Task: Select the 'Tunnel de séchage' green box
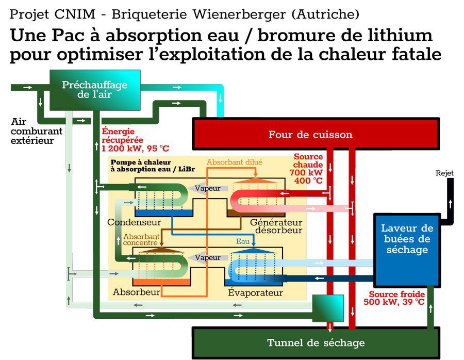click(x=316, y=342)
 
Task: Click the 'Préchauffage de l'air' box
click(x=94, y=90)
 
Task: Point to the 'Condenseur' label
click(x=134, y=222)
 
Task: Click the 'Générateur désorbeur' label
click(x=276, y=226)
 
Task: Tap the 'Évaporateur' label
click(x=255, y=293)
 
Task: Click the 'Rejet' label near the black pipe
click(x=444, y=173)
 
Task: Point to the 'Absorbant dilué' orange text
click(x=234, y=162)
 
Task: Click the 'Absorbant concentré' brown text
click(x=141, y=239)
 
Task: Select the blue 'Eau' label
click(x=242, y=241)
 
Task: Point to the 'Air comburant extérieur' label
click(x=36, y=131)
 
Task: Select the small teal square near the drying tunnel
click(x=327, y=308)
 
